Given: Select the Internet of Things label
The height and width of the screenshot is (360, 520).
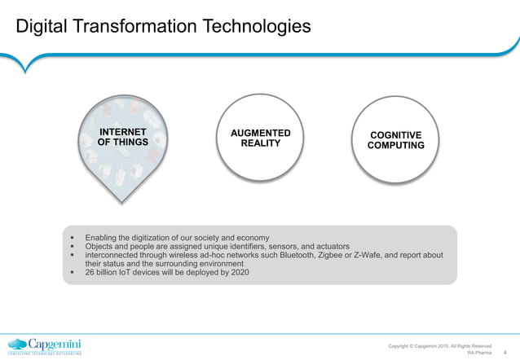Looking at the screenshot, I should (122, 138).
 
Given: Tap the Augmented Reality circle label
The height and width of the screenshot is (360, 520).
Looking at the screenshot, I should (260, 138).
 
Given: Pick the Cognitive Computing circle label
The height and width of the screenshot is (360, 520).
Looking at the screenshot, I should (395, 140).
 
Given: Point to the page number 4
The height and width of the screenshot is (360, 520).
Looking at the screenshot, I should (506, 353).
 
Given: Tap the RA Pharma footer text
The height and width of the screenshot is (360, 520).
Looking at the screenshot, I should (479, 353).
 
